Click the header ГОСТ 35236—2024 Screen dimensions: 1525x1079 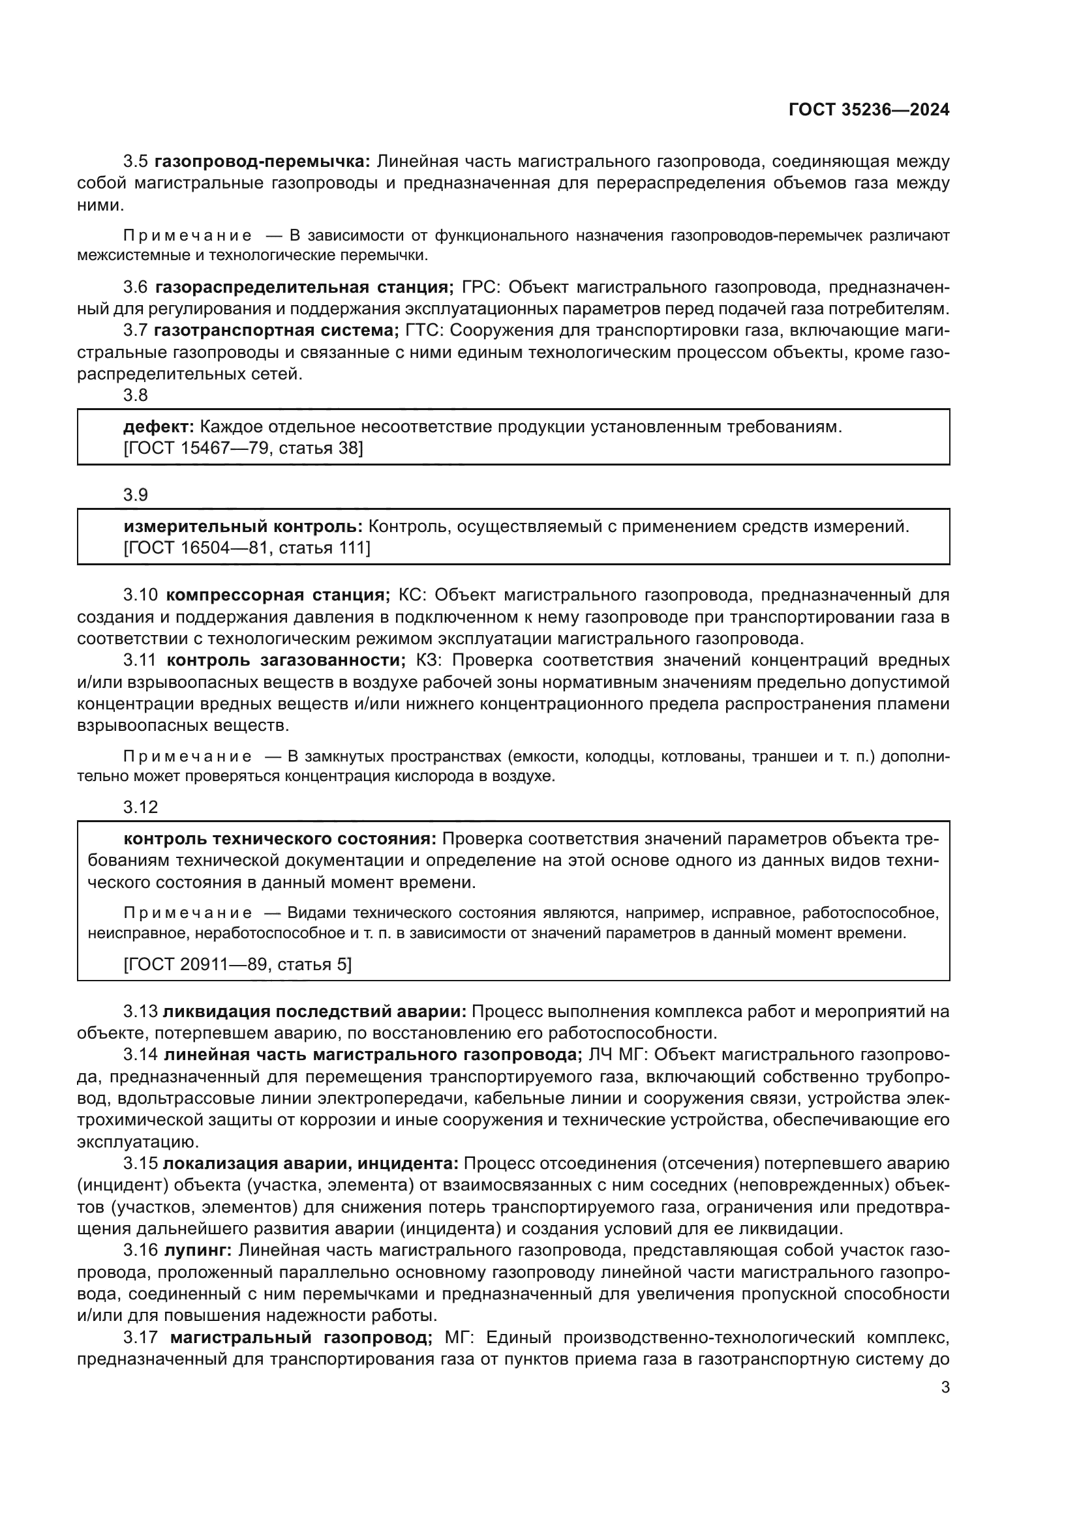tap(869, 110)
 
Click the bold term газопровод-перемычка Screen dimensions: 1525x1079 tap(263, 162)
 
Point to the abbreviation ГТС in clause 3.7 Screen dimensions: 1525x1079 tap(425, 330)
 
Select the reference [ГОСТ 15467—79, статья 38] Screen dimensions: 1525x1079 tap(243, 449)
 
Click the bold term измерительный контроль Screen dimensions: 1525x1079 tap(243, 527)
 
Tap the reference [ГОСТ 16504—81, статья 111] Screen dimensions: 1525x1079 tap(247, 548)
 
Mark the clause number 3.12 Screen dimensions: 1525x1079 tap(140, 807)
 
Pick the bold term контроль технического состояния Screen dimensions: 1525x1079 tap(280, 839)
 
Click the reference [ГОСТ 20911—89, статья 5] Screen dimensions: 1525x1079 tap(237, 964)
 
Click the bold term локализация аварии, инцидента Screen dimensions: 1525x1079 tap(311, 1163)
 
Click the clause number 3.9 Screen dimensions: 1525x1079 tap(136, 495)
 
